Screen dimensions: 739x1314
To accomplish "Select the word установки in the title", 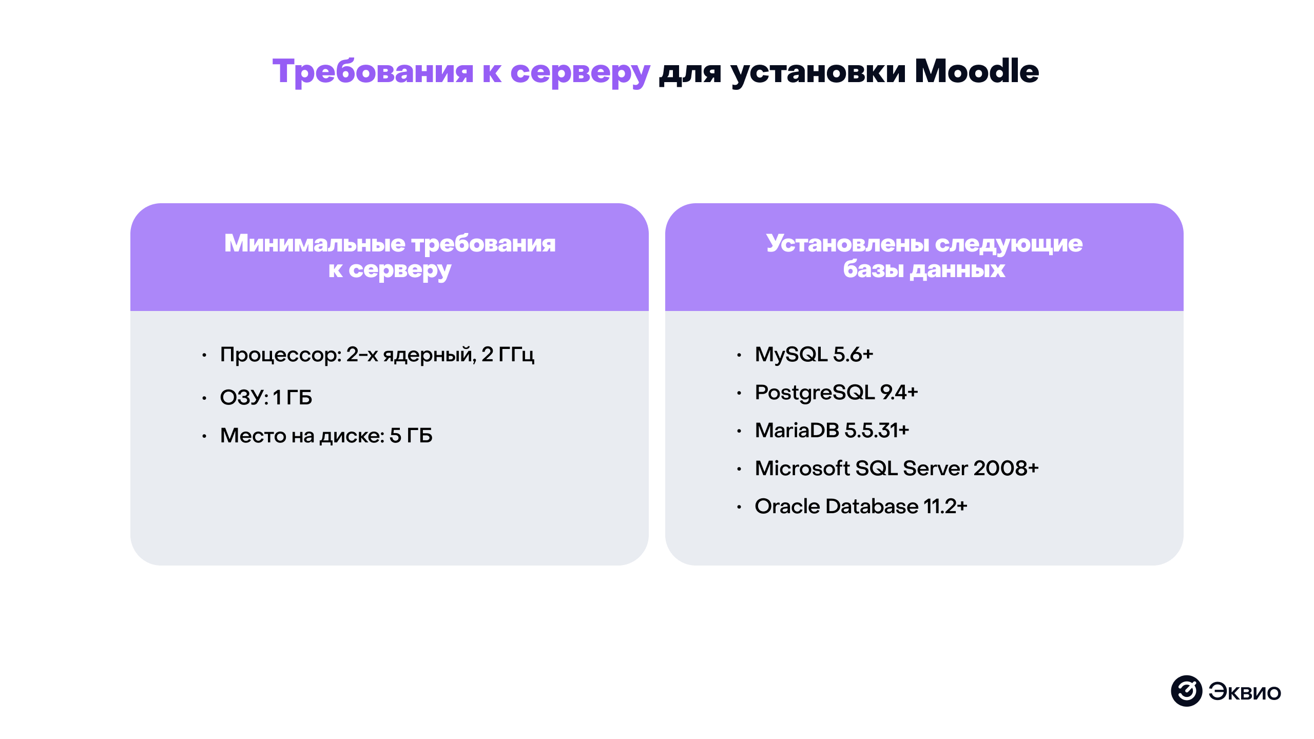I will [818, 72].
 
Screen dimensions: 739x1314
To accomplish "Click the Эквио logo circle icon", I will [1186, 691].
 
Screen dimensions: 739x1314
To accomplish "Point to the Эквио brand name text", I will [1244, 692].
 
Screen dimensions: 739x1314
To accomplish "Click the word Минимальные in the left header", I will [314, 243].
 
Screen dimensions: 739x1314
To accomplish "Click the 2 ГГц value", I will [508, 355].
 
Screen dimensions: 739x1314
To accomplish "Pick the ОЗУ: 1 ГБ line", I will [266, 397].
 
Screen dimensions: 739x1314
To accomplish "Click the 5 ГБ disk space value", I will [411, 436].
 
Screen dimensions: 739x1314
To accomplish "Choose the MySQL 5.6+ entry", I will [814, 355].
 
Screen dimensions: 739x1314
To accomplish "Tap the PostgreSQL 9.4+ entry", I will [836, 393].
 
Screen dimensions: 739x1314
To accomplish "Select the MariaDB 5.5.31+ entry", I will [832, 431].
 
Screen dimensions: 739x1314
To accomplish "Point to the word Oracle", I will [787, 507].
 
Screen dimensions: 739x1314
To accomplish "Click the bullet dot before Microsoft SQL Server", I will [739, 469].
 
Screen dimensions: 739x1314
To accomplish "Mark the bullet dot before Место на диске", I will [204, 437].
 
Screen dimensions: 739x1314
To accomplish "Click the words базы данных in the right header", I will [924, 269].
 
